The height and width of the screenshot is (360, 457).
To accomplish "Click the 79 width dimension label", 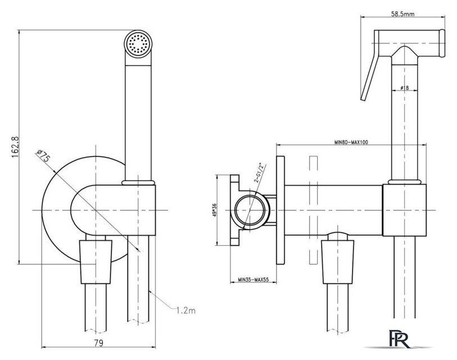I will [x=98, y=342].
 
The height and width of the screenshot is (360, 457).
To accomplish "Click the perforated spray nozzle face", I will [x=137, y=44].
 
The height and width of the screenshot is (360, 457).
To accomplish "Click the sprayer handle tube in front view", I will [x=137, y=118].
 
